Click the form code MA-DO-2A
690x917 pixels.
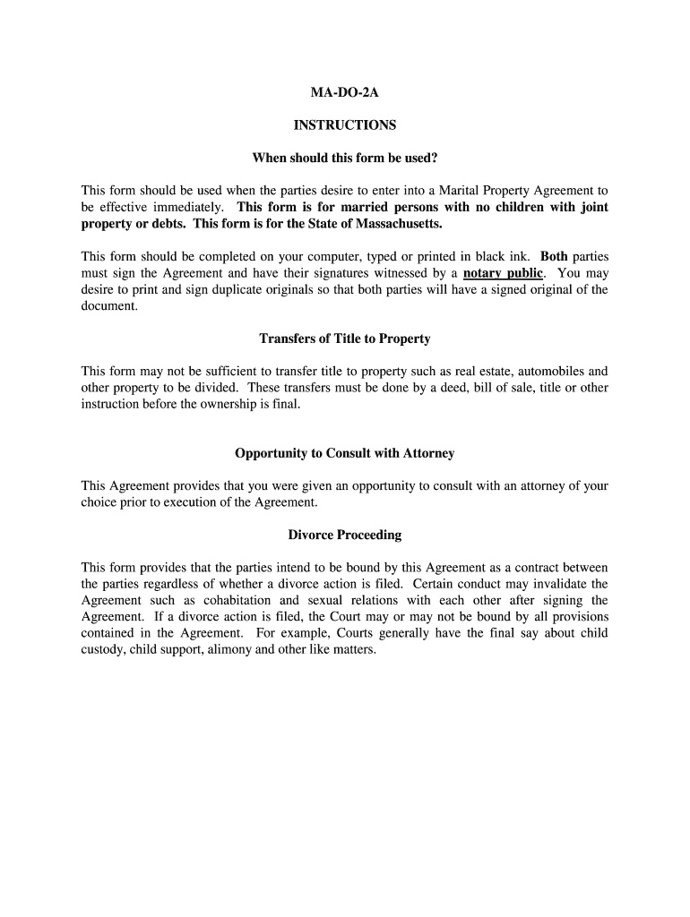coord(345,92)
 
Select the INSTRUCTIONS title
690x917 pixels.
coord(345,125)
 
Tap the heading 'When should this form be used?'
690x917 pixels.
coord(345,159)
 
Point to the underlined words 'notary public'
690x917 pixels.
coord(504,273)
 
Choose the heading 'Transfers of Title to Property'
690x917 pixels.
coord(345,339)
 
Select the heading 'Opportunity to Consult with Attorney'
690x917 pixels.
coord(345,453)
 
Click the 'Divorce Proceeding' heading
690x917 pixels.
coord(345,535)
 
